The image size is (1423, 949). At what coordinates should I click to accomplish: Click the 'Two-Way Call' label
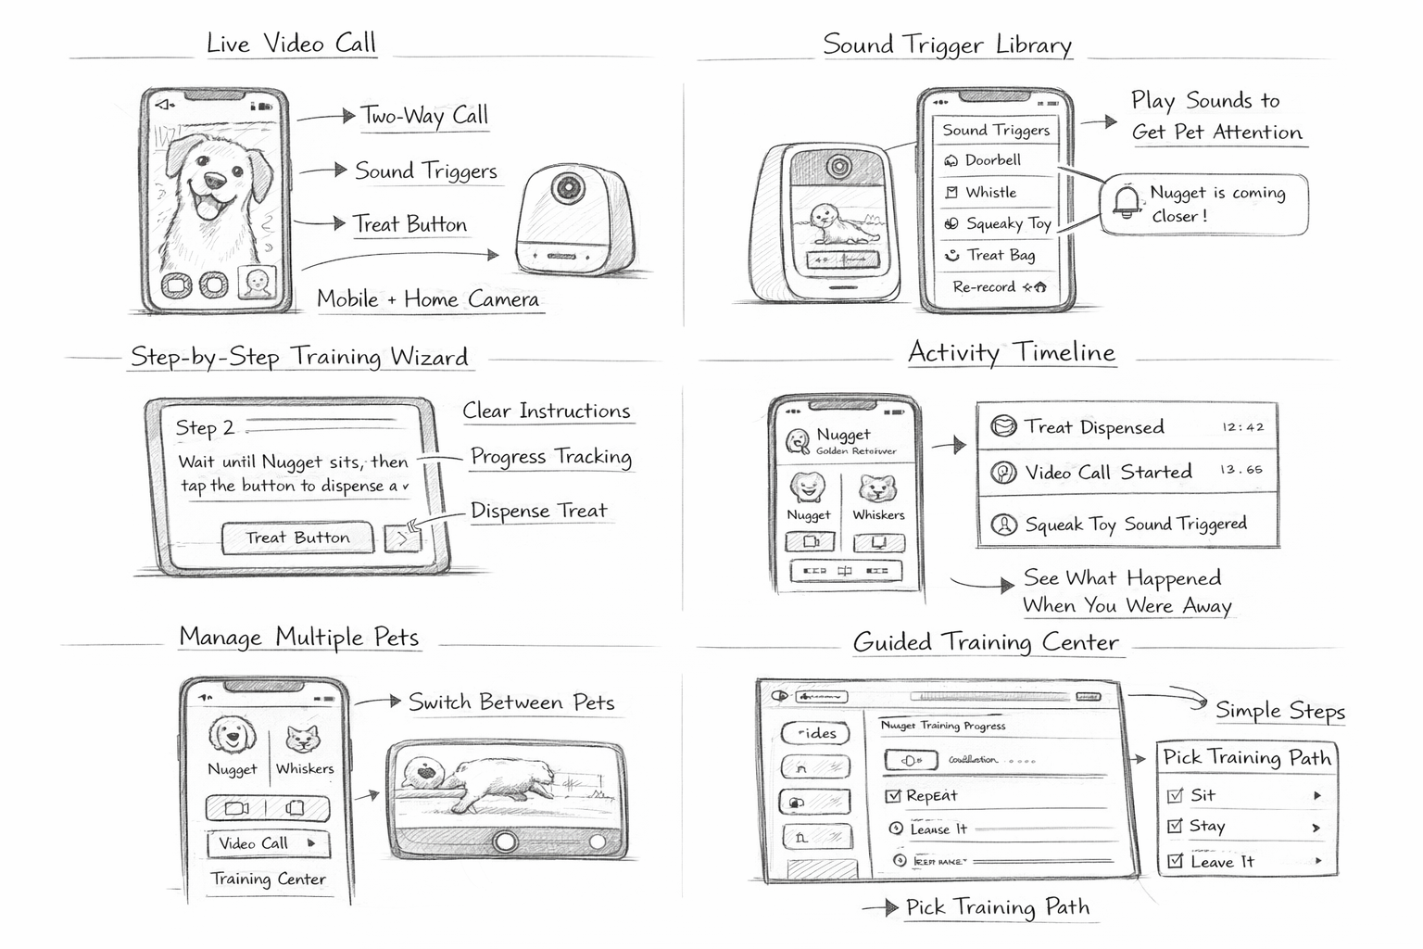pyautogui.click(x=423, y=116)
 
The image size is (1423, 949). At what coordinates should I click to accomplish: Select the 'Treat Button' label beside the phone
pyautogui.click(x=409, y=224)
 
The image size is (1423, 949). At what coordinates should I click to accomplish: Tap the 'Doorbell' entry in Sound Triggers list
pyautogui.click(x=992, y=160)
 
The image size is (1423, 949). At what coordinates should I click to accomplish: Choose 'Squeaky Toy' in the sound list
pyautogui.click(x=1007, y=223)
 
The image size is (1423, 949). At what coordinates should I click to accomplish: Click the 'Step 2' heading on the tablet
pyautogui.click(x=205, y=428)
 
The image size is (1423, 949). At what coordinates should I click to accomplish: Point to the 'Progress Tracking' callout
pyautogui.click(x=550, y=457)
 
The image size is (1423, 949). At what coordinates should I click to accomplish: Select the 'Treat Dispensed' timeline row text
pyautogui.click(x=1093, y=427)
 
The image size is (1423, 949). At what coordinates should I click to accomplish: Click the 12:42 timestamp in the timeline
pyautogui.click(x=1242, y=428)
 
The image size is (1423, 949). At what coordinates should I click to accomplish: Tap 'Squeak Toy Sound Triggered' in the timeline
pyautogui.click(x=1135, y=525)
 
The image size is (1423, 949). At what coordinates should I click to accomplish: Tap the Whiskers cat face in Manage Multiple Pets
pyautogui.click(x=303, y=740)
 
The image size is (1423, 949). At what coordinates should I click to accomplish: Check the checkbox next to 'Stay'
pyautogui.click(x=1175, y=826)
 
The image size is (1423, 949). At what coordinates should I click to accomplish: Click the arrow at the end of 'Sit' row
pyautogui.click(x=1316, y=795)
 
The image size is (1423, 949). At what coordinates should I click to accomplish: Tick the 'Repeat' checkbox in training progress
pyautogui.click(x=894, y=795)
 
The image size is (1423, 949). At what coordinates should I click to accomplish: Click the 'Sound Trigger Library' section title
pyautogui.click(x=947, y=45)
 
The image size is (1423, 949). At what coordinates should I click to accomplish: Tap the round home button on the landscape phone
pyautogui.click(x=505, y=841)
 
